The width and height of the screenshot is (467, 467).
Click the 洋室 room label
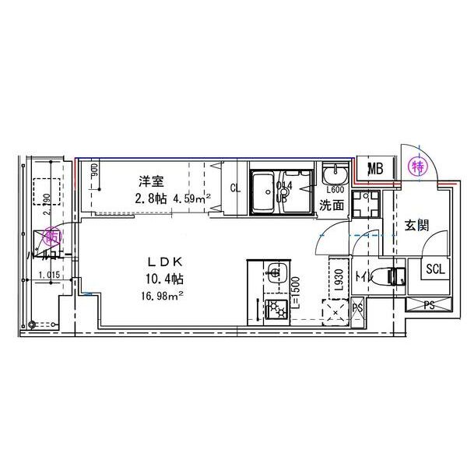click(x=151, y=182)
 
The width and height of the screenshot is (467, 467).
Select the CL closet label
click(x=235, y=187)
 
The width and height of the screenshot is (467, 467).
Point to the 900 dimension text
click(x=94, y=170)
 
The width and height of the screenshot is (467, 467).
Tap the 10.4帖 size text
click(x=162, y=277)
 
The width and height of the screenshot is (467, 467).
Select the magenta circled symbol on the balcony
click(x=53, y=234)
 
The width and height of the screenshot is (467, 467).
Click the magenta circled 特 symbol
click(x=418, y=166)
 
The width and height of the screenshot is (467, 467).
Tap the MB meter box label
click(x=375, y=169)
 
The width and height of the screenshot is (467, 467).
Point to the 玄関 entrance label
click(x=416, y=226)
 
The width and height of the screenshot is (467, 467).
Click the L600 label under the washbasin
click(x=335, y=190)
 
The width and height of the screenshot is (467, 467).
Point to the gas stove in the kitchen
click(x=275, y=309)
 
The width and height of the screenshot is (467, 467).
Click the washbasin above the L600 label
click(x=336, y=172)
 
